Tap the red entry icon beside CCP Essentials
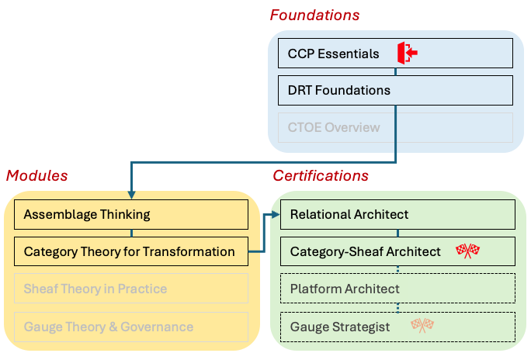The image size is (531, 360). [x=408, y=53]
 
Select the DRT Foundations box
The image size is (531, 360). [x=395, y=90]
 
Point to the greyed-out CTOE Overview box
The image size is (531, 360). [x=395, y=127]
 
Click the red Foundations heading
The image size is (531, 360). [x=314, y=15]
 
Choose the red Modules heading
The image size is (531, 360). [x=36, y=176]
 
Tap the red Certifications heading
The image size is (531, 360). [x=320, y=176]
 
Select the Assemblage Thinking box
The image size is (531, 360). [x=130, y=214]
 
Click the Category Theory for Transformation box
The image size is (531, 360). [x=130, y=251]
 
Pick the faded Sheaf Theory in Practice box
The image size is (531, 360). [x=130, y=289]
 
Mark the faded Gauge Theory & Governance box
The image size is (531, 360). [x=130, y=327]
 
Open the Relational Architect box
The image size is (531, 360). [x=397, y=214]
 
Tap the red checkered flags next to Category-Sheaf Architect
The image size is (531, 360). [x=467, y=251]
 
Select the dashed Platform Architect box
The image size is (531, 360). [x=397, y=289]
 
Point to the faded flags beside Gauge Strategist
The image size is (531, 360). [x=422, y=326]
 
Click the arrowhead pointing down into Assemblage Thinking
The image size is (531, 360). [x=131, y=194]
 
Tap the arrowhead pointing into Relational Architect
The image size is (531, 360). [x=275, y=214]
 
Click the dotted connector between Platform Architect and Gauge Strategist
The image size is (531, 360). [x=398, y=307]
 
